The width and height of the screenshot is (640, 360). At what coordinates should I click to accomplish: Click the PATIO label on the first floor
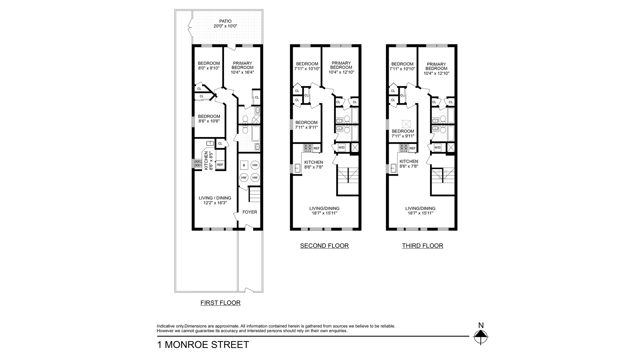pyautogui.click(x=225, y=21)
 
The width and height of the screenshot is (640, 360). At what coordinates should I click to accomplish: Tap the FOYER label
pyautogui.click(x=250, y=212)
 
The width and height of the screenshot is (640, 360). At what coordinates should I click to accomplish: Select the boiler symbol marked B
pyautogui.click(x=244, y=165)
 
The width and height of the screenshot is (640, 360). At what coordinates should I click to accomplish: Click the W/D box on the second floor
pyautogui.click(x=341, y=147)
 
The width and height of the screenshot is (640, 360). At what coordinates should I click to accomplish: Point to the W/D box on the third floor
pyautogui.click(x=437, y=147)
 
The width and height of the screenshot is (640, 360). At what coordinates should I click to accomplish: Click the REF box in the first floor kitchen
pyautogui.click(x=220, y=165)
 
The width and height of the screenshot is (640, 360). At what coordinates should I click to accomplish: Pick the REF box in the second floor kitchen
pyautogui.click(x=316, y=148)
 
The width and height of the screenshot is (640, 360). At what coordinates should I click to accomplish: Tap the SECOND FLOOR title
pyautogui.click(x=324, y=246)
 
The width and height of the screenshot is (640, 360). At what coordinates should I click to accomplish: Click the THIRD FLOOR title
pyautogui.click(x=422, y=246)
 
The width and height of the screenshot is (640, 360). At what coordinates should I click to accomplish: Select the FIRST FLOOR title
pyautogui.click(x=220, y=303)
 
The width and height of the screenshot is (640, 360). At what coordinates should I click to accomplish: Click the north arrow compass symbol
pyautogui.click(x=481, y=336)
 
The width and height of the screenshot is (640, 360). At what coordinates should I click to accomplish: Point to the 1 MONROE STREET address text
pyautogui.click(x=203, y=345)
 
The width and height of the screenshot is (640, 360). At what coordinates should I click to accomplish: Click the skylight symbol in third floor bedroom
pyautogui.click(x=407, y=124)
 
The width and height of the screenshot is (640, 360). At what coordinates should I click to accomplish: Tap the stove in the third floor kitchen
pyautogui.click(x=404, y=148)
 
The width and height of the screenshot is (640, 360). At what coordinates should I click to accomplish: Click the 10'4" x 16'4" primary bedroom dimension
pyautogui.click(x=242, y=72)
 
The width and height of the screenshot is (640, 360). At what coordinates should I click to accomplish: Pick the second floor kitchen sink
pyautogui.click(x=298, y=169)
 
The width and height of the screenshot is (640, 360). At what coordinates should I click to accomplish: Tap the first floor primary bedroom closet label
pyautogui.click(x=257, y=98)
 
